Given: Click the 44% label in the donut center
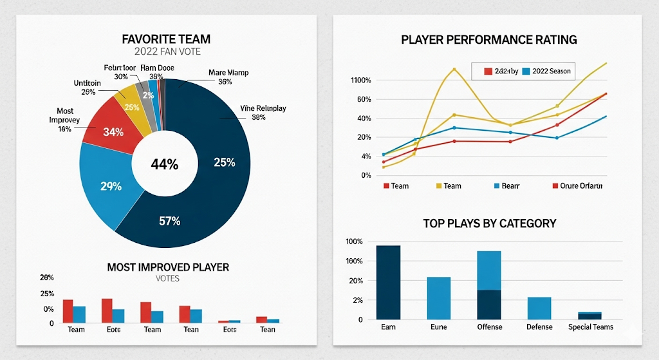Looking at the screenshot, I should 164,164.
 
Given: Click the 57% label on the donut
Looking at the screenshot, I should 169,221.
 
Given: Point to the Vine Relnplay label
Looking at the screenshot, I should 263,108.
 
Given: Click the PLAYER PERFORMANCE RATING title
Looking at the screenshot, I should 488,39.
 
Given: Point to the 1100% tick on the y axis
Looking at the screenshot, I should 360,81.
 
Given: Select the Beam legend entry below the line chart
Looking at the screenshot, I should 510,185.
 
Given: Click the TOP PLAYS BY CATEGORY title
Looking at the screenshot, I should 489,223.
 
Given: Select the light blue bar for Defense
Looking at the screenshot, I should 539,308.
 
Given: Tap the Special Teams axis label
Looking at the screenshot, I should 591,327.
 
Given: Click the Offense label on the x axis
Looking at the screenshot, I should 489,327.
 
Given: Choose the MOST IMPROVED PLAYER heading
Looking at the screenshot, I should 167,267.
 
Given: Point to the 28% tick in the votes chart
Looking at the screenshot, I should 47,278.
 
